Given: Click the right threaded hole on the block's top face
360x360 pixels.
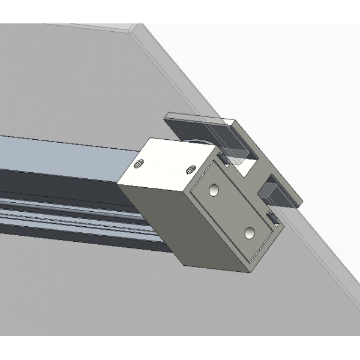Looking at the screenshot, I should click(192, 169).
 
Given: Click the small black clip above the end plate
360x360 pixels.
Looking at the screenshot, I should click(222, 159).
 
